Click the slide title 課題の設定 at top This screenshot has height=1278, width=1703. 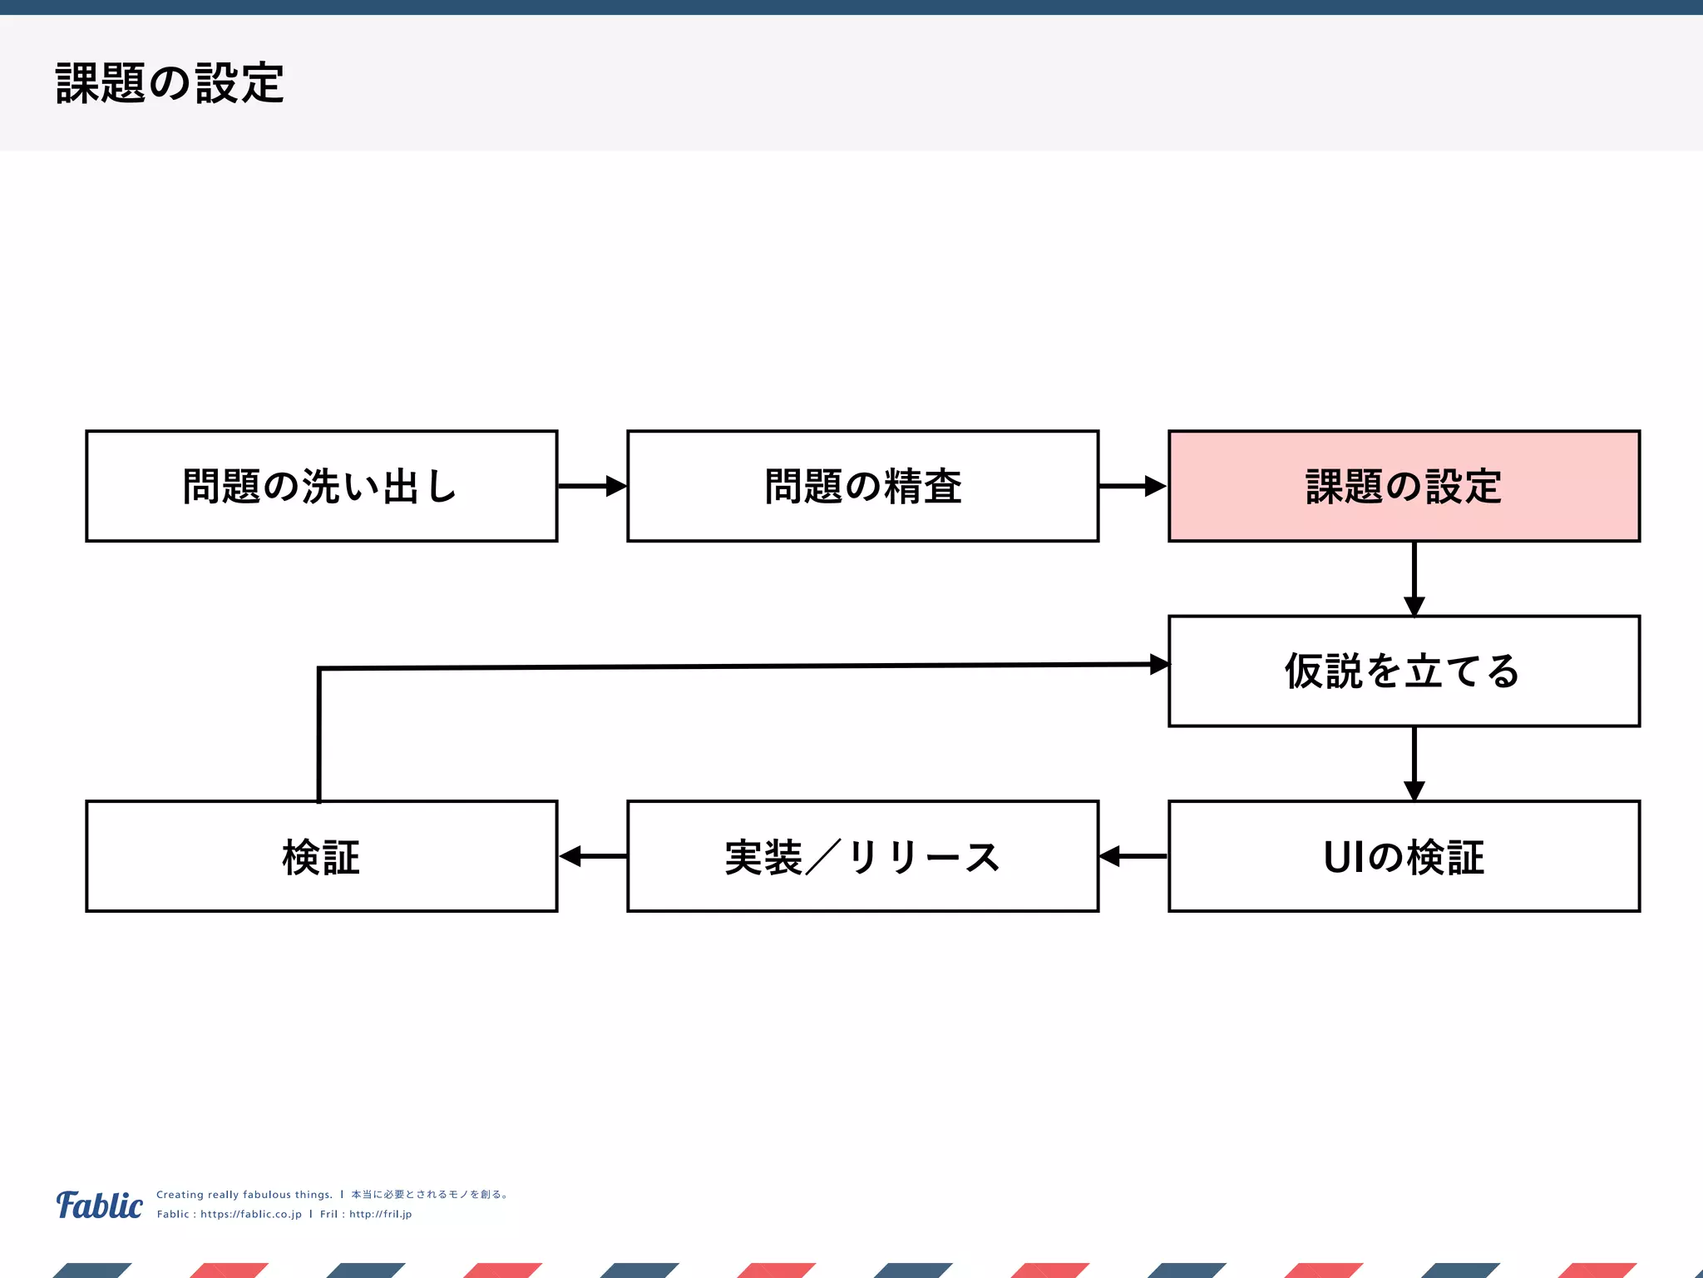tap(170, 83)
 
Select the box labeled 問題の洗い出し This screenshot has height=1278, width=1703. tap(321, 486)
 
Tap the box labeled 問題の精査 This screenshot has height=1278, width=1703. tap(862, 486)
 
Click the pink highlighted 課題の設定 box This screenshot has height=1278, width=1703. tap(1404, 486)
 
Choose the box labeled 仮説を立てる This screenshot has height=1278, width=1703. tap(1404, 671)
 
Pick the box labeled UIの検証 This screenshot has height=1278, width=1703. tap(1404, 856)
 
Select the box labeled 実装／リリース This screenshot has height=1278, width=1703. tap(862, 856)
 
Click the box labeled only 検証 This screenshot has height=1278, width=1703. tap(321, 856)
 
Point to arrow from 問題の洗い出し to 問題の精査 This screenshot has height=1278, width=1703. tap(591, 486)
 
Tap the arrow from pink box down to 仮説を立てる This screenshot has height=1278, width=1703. tap(1414, 578)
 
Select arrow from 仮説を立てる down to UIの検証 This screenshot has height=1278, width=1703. tap(1414, 763)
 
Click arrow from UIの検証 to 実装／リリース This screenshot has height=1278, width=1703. tap(1133, 855)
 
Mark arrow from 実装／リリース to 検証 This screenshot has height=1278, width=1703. tap(591, 855)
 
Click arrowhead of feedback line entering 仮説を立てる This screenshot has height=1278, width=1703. tap(1159, 664)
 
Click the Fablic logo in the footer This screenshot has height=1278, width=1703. tap(99, 1205)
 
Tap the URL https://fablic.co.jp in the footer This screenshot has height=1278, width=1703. tap(250, 1214)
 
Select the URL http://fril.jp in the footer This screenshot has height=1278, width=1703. tap(380, 1214)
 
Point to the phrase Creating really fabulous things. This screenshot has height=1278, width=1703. tap(244, 1194)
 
